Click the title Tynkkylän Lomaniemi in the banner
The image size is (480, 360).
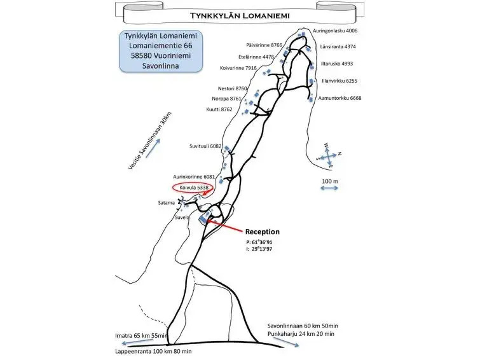(x=240, y=16)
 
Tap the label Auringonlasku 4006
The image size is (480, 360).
(x=335, y=31)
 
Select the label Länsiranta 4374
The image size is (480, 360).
(x=338, y=47)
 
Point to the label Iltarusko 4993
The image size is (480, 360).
(x=337, y=64)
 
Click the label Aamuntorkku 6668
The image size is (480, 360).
(x=339, y=99)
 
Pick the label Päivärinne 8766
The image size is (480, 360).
(x=264, y=45)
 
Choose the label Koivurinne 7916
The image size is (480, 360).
(x=238, y=68)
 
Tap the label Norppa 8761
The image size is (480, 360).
(x=226, y=99)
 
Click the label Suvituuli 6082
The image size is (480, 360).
(x=205, y=146)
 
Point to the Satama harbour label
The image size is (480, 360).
(x=166, y=203)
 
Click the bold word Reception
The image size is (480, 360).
(x=263, y=232)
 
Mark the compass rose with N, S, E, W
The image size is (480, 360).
(x=329, y=156)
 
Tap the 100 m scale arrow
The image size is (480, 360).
(x=329, y=188)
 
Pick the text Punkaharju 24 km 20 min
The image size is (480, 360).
(x=301, y=334)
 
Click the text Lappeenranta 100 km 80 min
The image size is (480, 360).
(x=153, y=352)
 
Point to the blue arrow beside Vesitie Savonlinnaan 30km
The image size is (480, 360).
(x=153, y=148)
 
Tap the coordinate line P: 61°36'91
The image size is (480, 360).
(x=259, y=242)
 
